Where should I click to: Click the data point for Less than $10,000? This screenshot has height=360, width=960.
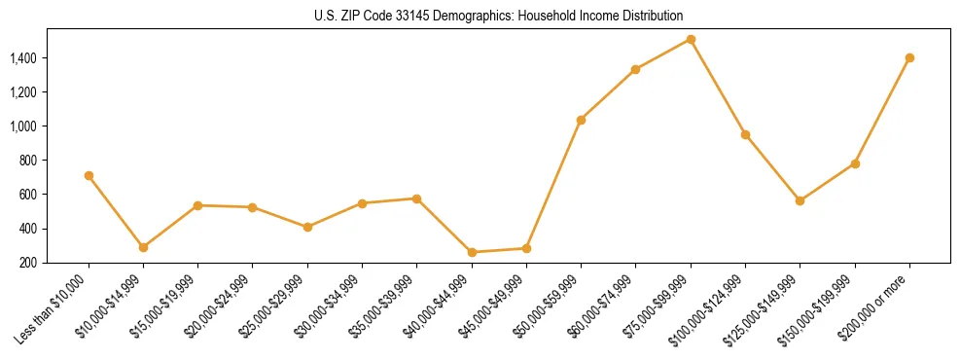pyautogui.click(x=89, y=176)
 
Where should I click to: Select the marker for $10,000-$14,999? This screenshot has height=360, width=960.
pyautogui.click(x=143, y=247)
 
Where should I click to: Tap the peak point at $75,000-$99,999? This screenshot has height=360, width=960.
pyautogui.click(x=691, y=40)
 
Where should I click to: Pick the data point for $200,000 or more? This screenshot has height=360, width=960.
pyautogui.click(x=909, y=57)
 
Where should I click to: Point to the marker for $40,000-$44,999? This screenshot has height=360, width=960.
pyautogui.click(x=472, y=252)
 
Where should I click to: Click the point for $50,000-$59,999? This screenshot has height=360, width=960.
pyautogui.click(x=581, y=120)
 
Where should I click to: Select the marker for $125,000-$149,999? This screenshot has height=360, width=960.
pyautogui.click(x=800, y=200)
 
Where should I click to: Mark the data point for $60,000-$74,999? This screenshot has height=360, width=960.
pyautogui.click(x=635, y=69)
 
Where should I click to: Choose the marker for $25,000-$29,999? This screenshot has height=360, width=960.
pyautogui.click(x=307, y=227)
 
